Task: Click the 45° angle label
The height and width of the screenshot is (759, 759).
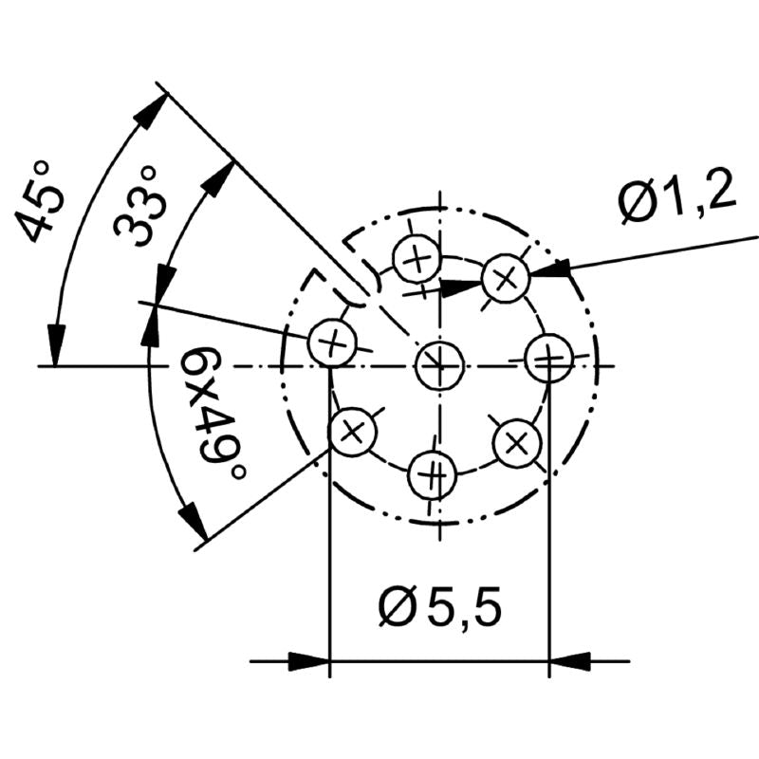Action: (39, 202)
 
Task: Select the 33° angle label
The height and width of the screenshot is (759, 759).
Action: (137, 207)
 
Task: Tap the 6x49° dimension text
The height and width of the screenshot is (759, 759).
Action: (212, 413)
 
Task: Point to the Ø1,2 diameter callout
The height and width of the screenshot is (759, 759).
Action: (676, 196)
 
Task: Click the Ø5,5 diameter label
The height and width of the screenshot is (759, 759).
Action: (439, 606)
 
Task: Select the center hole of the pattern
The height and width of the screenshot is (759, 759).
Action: (440, 365)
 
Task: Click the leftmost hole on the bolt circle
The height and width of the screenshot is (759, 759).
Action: (333, 342)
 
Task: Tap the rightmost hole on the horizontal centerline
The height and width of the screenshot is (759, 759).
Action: (549, 359)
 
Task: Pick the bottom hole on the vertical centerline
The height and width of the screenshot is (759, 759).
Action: (433, 475)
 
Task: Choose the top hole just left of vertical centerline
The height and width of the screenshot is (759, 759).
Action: (417, 258)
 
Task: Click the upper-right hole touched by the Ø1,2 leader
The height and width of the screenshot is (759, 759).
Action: (506, 279)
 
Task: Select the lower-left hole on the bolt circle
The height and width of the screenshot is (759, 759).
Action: (352, 432)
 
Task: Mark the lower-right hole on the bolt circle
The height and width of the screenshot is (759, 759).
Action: (517, 443)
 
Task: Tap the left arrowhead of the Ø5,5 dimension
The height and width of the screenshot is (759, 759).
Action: (309, 660)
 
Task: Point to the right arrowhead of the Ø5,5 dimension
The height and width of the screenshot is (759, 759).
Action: (570, 660)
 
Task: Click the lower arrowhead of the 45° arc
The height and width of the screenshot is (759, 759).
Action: (56, 345)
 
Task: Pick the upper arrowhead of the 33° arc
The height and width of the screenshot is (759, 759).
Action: (219, 177)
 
